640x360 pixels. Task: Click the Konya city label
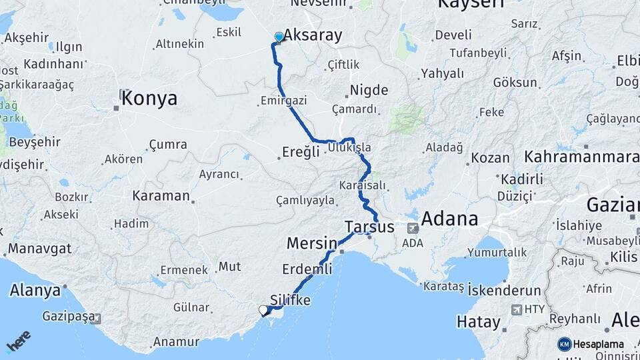point(149,99)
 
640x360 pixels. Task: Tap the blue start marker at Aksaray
point(279,37)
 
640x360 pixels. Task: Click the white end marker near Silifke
point(263,310)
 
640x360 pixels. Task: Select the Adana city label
point(449,219)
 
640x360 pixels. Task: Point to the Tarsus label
point(369,227)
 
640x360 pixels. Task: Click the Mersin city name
point(311,243)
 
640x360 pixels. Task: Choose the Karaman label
point(161,195)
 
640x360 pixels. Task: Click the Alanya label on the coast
point(35,291)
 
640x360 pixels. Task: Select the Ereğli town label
point(297,152)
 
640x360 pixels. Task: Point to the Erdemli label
point(307,269)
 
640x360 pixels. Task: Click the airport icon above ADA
point(413,228)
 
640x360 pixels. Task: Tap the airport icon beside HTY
point(517,309)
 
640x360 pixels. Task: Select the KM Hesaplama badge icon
point(564,344)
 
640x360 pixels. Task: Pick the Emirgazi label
point(283,101)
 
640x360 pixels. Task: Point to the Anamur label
point(176,341)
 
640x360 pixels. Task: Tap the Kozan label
point(490,158)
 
